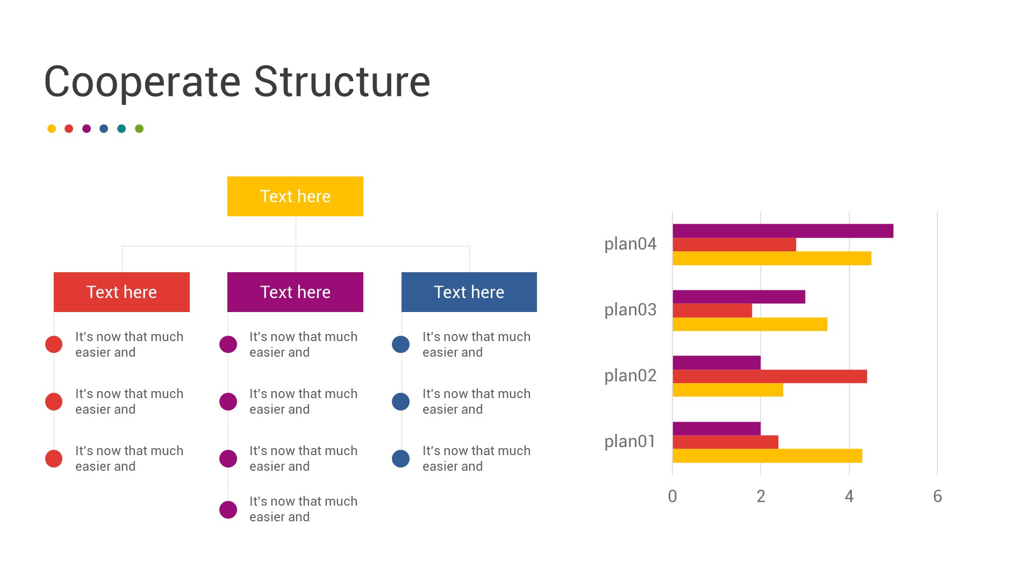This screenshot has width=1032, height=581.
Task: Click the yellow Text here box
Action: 295,196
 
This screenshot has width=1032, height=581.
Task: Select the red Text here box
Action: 121,292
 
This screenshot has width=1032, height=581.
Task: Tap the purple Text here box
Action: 295,292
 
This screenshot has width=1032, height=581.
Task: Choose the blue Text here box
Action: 469,292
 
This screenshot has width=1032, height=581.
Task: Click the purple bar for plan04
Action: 783,231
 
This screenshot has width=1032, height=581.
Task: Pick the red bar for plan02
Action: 770,376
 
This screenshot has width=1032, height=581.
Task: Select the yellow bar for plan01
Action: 767,456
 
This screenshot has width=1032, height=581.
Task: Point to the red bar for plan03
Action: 712,310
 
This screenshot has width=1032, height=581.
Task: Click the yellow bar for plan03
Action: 750,324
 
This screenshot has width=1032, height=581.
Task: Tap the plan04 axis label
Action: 630,244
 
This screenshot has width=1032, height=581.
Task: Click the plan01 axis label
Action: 629,442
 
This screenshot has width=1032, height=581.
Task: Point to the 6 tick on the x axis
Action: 937,496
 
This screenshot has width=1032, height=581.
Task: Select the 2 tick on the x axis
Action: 761,496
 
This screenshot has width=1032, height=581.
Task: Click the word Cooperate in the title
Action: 142,82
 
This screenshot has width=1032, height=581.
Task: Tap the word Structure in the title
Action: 342,82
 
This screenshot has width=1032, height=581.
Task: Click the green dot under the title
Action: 139,129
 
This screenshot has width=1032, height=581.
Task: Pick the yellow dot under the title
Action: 52,129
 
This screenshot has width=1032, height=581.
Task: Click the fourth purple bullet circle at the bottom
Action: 228,509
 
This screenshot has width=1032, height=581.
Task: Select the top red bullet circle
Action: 54,344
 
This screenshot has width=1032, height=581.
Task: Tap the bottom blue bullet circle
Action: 401,458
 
